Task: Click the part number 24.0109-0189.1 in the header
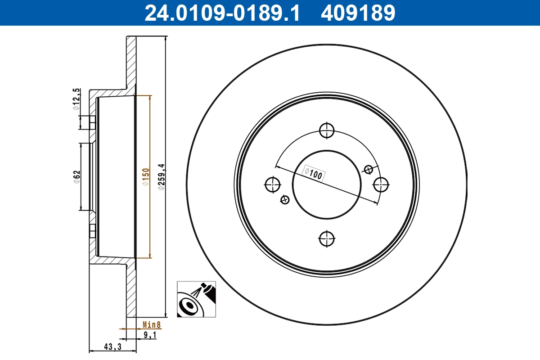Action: tap(221, 13)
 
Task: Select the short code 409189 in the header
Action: tap(358, 13)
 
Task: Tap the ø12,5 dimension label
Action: tap(77, 99)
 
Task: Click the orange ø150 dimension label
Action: tap(145, 176)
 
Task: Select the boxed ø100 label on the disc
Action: tap(313, 174)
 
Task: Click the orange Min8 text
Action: tap(152, 324)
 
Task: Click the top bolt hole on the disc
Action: tap(327, 130)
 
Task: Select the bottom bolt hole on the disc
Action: tap(327, 238)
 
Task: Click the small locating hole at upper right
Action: tap(369, 169)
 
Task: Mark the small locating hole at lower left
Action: tap(284, 199)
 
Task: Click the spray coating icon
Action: tap(196, 300)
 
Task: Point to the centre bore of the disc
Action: tap(327, 184)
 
